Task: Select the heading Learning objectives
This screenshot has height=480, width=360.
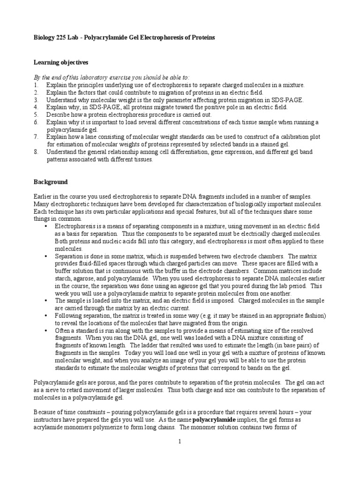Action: click(60, 62)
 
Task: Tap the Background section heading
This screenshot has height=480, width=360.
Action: click(51, 181)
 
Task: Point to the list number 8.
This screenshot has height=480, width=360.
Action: click(36, 152)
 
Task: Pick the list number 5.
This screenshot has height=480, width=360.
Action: click(36, 115)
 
